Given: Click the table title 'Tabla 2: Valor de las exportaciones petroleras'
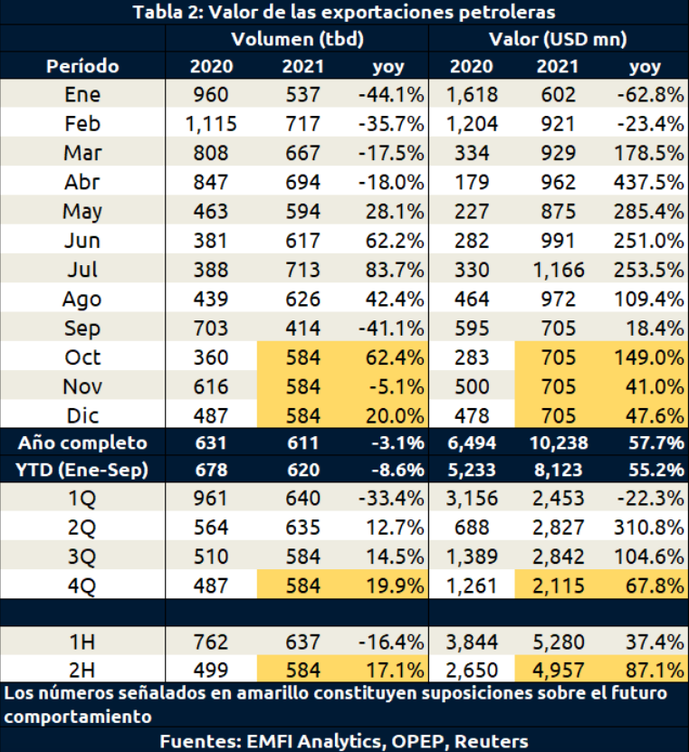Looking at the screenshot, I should tap(344, 12).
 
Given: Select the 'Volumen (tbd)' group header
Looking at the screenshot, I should tap(296, 39).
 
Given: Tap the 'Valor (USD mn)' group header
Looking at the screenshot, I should tap(558, 39).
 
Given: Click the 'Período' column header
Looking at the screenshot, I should tap(82, 66).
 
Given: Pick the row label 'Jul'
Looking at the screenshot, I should tap(82, 270).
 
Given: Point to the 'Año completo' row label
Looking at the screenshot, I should tap(82, 443).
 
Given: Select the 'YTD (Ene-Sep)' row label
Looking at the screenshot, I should tap(82, 471).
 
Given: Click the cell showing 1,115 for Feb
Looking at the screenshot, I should tap(211, 124).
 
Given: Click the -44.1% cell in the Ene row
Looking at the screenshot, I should tap(390, 95).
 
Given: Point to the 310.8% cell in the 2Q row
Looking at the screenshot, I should tap(647, 527).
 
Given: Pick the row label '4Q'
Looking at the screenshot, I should tap(82, 585).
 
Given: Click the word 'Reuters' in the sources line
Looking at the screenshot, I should tap(493, 739).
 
